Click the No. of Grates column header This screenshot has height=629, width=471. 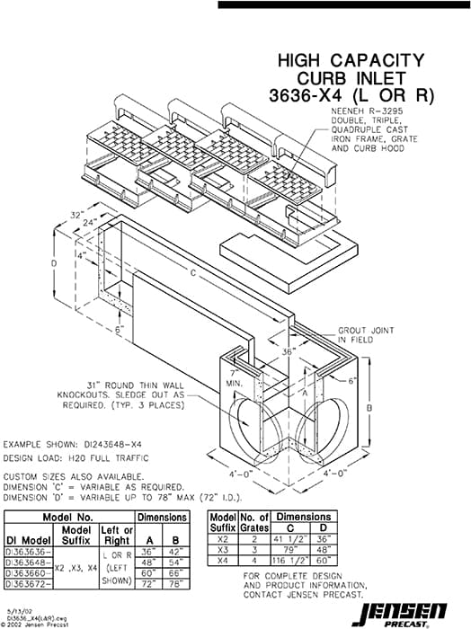(x=254, y=523)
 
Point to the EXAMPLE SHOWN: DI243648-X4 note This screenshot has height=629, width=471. (x=72, y=444)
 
